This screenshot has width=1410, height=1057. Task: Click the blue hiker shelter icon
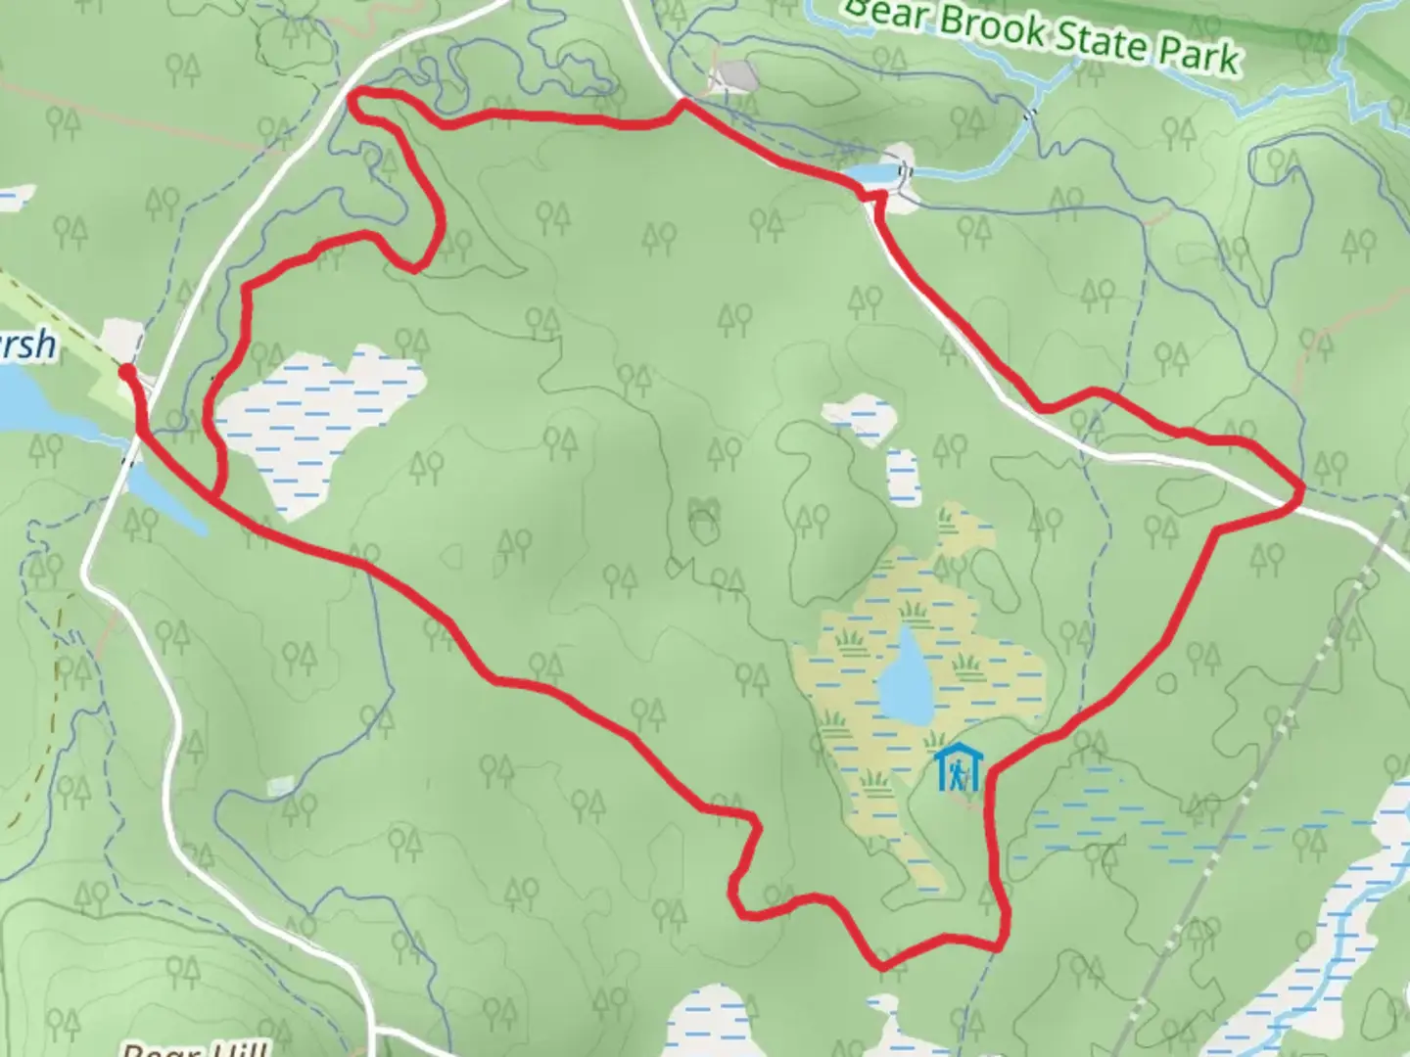click(956, 768)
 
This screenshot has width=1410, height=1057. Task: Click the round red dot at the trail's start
click(126, 370)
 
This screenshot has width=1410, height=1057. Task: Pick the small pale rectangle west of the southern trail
click(280, 785)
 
